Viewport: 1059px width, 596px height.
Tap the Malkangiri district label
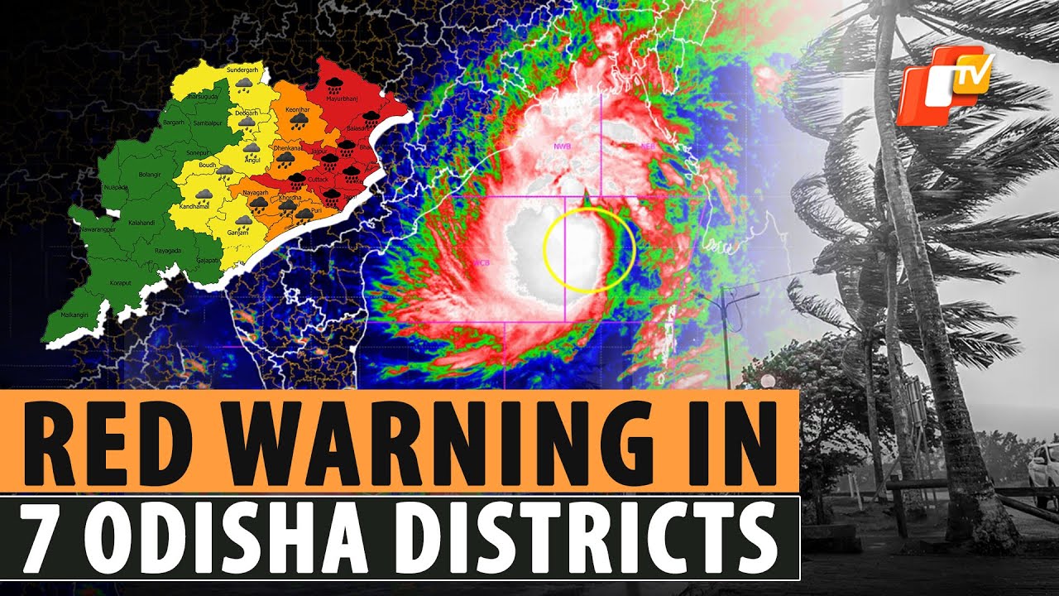[x=74, y=315]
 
